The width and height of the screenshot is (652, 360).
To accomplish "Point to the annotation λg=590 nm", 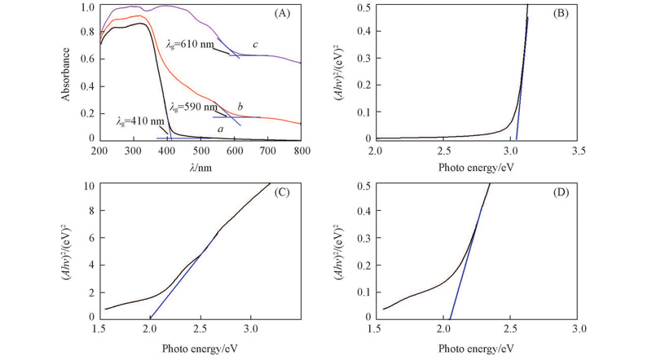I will click(192, 107).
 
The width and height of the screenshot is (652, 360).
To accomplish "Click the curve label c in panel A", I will click(255, 44).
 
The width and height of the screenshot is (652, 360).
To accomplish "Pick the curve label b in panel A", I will click(240, 107).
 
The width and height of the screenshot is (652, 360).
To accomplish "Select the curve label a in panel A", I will click(220, 129).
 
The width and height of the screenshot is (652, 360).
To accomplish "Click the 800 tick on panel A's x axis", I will click(302, 151).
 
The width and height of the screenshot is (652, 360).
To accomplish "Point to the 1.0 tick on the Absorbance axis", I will click(88, 7).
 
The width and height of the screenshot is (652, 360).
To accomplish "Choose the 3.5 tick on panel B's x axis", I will click(579, 151).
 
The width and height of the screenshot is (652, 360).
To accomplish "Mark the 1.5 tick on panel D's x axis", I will click(376, 330).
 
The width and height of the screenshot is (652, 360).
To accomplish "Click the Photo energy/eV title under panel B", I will click(477, 167).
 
